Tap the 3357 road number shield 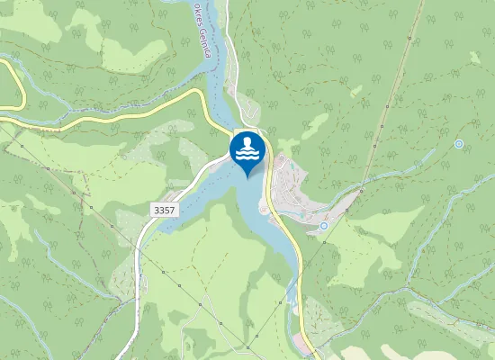164,209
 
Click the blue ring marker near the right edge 459,144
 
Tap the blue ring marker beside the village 323,226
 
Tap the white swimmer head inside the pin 247,142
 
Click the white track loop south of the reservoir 193,333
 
